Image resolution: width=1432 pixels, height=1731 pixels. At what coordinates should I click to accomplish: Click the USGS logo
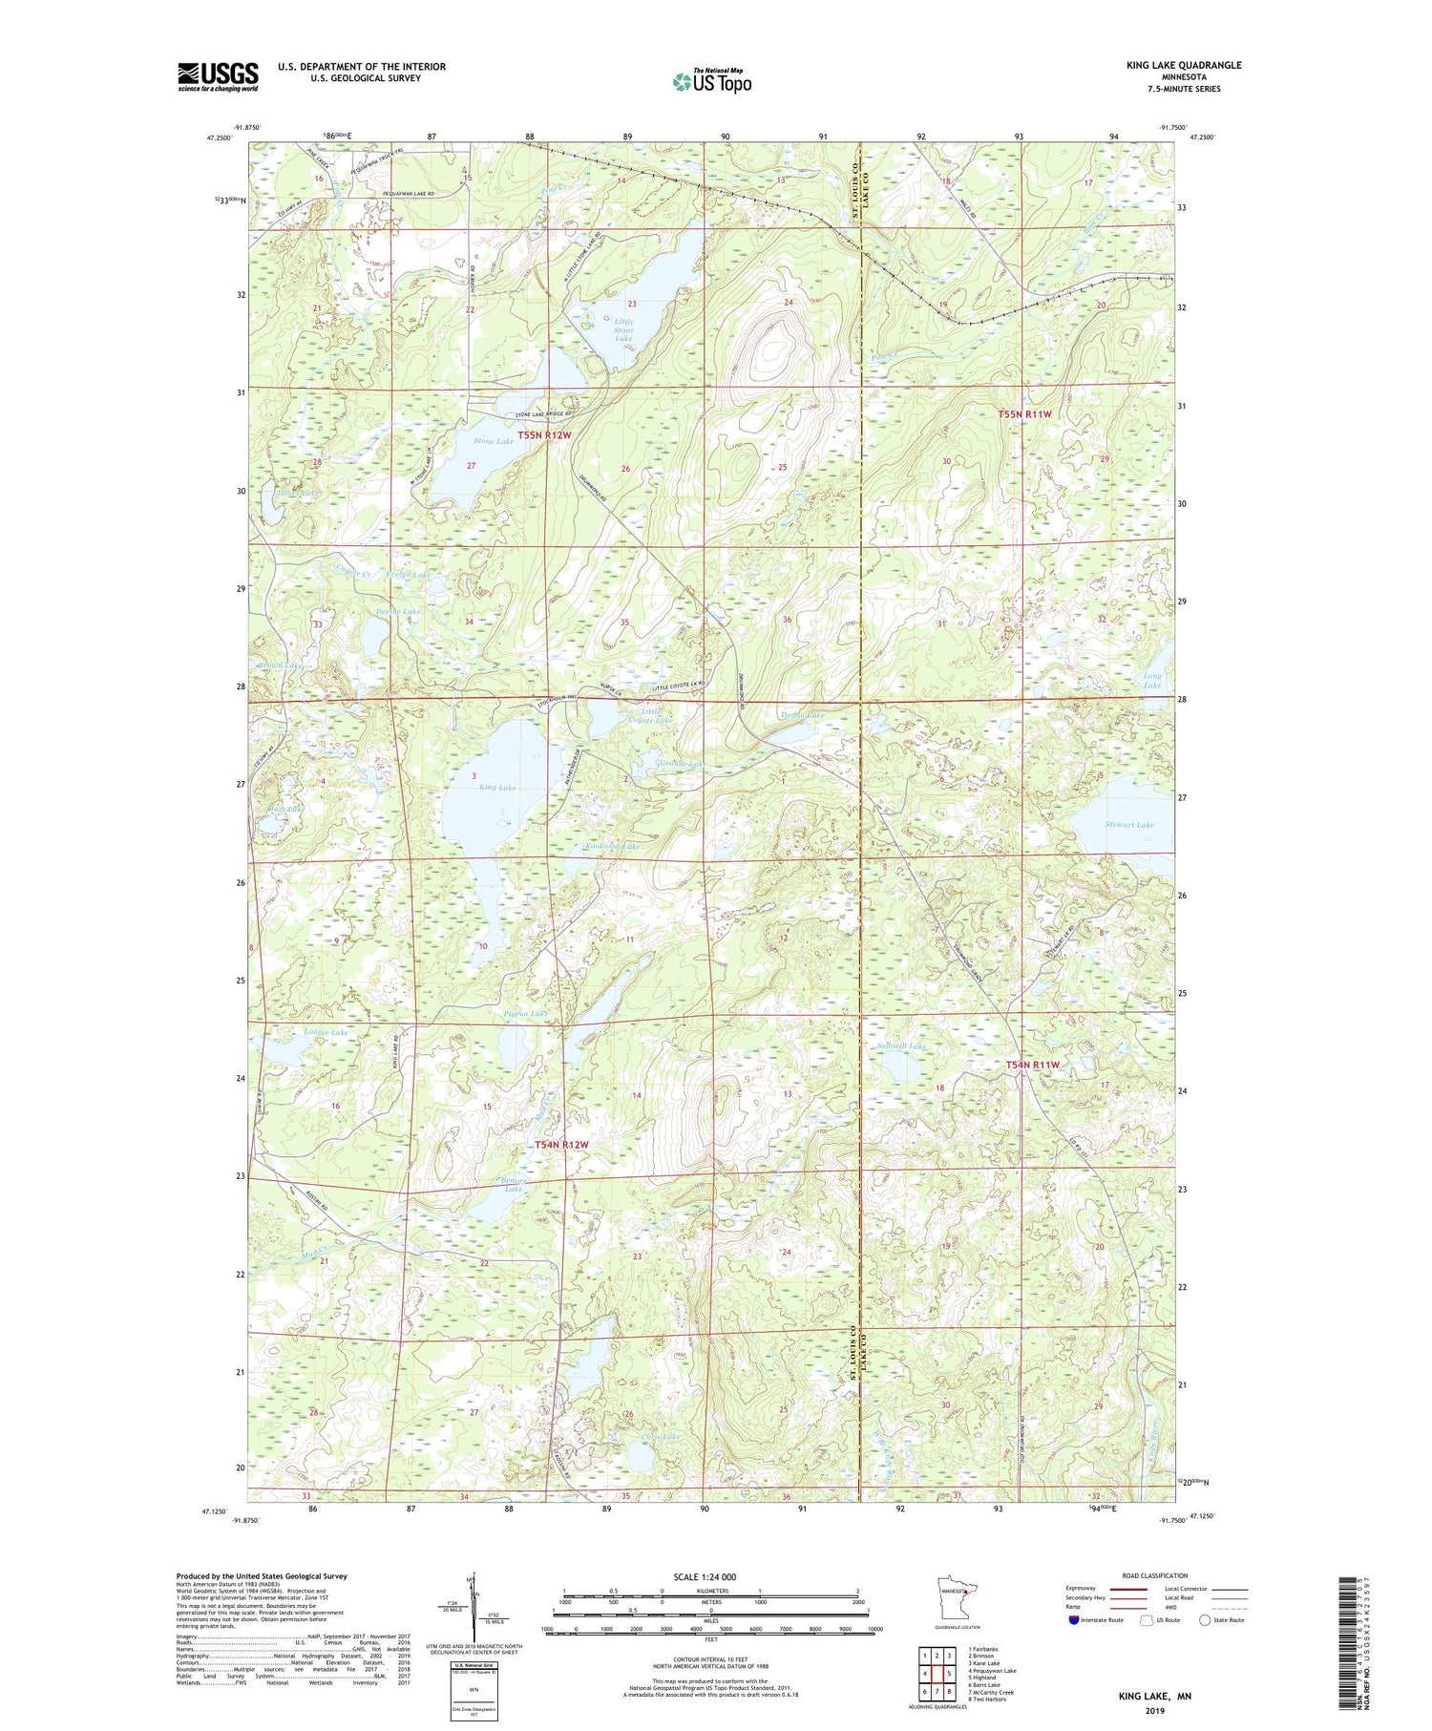click(218, 76)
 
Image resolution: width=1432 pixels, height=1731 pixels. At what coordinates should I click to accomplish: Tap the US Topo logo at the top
click(711, 81)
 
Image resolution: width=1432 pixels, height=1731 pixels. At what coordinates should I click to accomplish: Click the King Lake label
click(497, 788)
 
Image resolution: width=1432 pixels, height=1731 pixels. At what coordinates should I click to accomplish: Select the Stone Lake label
click(494, 441)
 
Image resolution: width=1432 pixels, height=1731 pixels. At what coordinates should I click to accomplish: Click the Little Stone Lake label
click(622, 330)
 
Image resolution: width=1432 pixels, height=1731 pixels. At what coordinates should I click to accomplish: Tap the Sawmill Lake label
click(901, 1046)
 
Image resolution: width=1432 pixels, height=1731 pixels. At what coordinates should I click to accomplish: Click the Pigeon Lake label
click(525, 1013)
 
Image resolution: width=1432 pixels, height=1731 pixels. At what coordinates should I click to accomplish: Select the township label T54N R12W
click(561, 1145)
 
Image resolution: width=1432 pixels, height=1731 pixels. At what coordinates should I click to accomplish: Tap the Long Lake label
click(1152, 681)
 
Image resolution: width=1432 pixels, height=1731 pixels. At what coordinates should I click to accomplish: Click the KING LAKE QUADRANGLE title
click(1183, 65)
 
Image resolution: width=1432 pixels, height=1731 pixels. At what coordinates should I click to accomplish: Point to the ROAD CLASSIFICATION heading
click(1155, 1575)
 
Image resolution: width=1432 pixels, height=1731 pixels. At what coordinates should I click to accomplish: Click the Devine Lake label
click(399, 611)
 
